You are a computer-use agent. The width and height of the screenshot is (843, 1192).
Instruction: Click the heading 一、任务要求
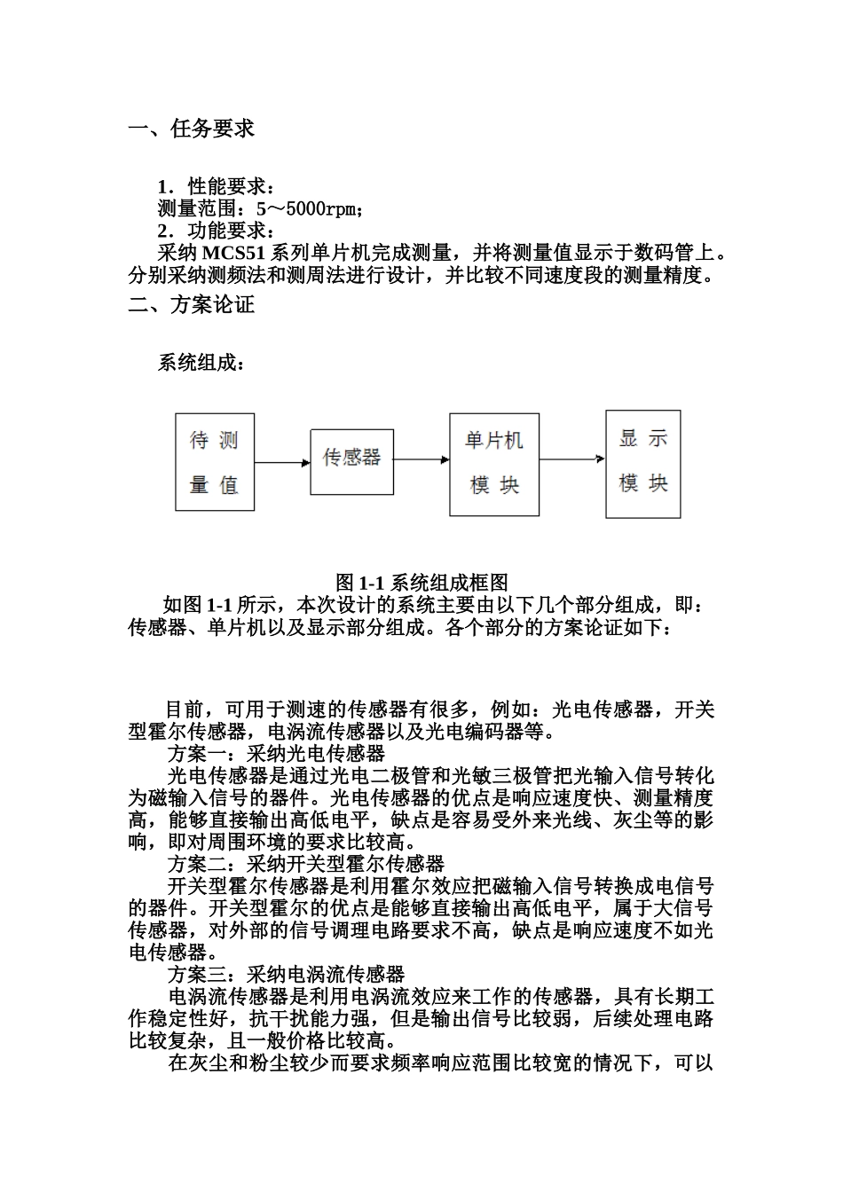click(192, 129)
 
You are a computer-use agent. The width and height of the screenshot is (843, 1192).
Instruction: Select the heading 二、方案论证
click(192, 305)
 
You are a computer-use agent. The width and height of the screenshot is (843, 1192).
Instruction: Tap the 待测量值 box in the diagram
click(214, 462)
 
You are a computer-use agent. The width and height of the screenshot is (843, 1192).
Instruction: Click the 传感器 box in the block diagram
click(351, 458)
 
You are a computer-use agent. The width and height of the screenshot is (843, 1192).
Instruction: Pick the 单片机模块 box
click(493, 464)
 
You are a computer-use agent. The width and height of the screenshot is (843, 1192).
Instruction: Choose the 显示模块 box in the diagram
click(642, 463)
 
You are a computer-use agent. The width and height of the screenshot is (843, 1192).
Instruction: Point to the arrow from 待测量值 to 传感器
click(282, 462)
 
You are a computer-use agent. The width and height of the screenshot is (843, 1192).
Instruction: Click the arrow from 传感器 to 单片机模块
click(421, 459)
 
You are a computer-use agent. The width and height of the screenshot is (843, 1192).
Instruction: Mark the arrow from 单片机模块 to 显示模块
click(572, 459)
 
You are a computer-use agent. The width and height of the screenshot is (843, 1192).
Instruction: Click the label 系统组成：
click(200, 363)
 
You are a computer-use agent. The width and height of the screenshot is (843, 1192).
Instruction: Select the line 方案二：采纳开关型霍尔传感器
click(305, 864)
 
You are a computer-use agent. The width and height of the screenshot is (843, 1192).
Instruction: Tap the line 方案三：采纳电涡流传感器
click(286, 975)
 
